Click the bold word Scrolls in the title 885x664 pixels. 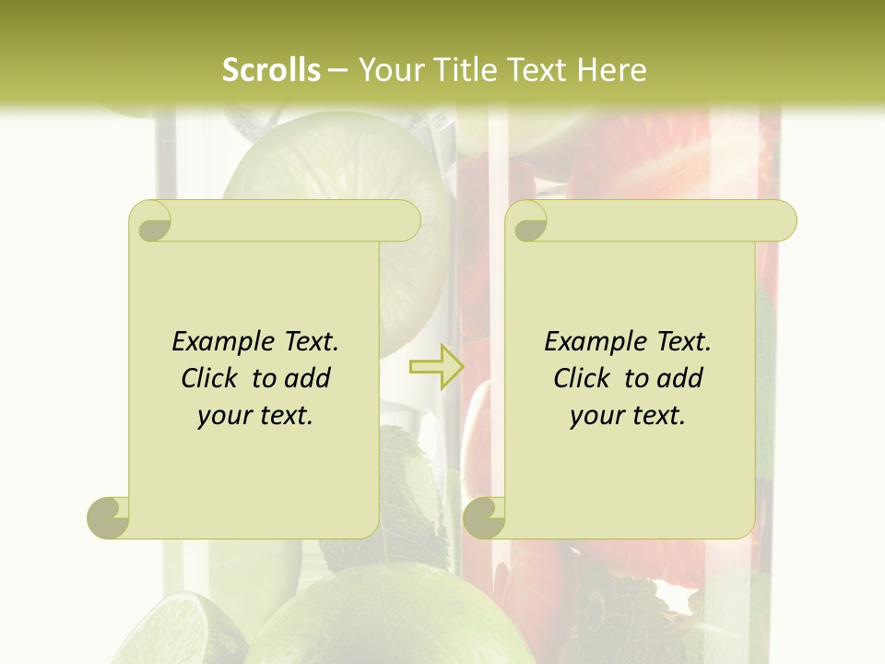point(271,70)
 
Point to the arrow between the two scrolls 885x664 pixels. point(436,367)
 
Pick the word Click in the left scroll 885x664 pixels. point(212,378)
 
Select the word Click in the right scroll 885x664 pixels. point(584,378)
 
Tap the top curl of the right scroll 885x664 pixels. point(528,222)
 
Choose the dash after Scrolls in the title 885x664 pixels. point(337,71)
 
